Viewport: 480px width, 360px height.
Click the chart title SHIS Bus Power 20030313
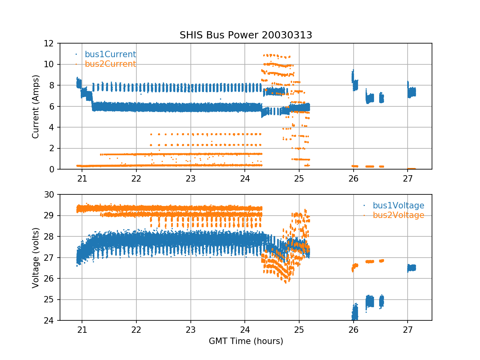pos(246,35)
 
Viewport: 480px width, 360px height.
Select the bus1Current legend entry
pos(110,54)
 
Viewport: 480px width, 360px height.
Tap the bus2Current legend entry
pos(110,64)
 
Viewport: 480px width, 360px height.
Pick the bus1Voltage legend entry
pos(398,206)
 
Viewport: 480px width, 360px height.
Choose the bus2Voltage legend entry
pos(398,215)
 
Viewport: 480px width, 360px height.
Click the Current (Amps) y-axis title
pos(36,106)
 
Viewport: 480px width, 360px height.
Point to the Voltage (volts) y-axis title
pos(36,258)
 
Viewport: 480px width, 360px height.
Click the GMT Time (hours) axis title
pos(246,341)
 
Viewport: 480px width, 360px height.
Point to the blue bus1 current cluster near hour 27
pos(412,92)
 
